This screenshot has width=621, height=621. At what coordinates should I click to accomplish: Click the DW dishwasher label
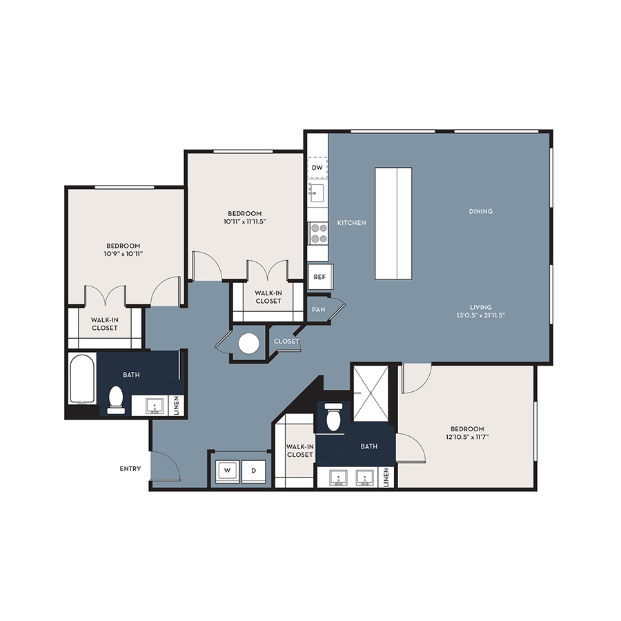tap(317, 168)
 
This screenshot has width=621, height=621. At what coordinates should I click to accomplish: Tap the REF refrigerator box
tap(320, 277)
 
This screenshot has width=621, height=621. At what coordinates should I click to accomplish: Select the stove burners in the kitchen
tap(318, 233)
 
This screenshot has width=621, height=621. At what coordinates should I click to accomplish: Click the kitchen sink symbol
tap(317, 193)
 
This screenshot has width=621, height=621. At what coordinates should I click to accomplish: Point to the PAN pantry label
tap(318, 309)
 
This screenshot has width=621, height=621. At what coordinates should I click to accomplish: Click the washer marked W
tap(227, 471)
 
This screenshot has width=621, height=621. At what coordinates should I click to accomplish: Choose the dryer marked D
tap(253, 471)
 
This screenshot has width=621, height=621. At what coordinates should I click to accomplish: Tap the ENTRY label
tap(130, 469)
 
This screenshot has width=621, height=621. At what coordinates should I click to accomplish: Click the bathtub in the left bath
tap(82, 379)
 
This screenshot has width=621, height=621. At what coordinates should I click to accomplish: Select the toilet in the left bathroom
tap(116, 400)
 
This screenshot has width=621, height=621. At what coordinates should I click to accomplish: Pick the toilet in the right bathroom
tap(333, 417)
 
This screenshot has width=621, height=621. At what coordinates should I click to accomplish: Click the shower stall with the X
tap(371, 393)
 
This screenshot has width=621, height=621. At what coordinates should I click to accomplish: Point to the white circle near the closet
tap(249, 344)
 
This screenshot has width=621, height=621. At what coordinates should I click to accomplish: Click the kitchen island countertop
tap(393, 224)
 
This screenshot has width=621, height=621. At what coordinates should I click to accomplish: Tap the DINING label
tap(481, 211)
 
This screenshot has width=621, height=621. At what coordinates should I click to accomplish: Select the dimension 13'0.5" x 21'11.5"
tap(481, 315)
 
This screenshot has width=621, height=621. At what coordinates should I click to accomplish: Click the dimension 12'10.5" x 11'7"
tap(467, 437)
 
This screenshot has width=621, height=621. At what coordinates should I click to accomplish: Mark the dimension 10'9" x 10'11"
tap(124, 254)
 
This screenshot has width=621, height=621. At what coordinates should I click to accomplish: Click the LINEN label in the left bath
tap(177, 405)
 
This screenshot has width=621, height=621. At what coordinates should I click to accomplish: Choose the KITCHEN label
tap(352, 223)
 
